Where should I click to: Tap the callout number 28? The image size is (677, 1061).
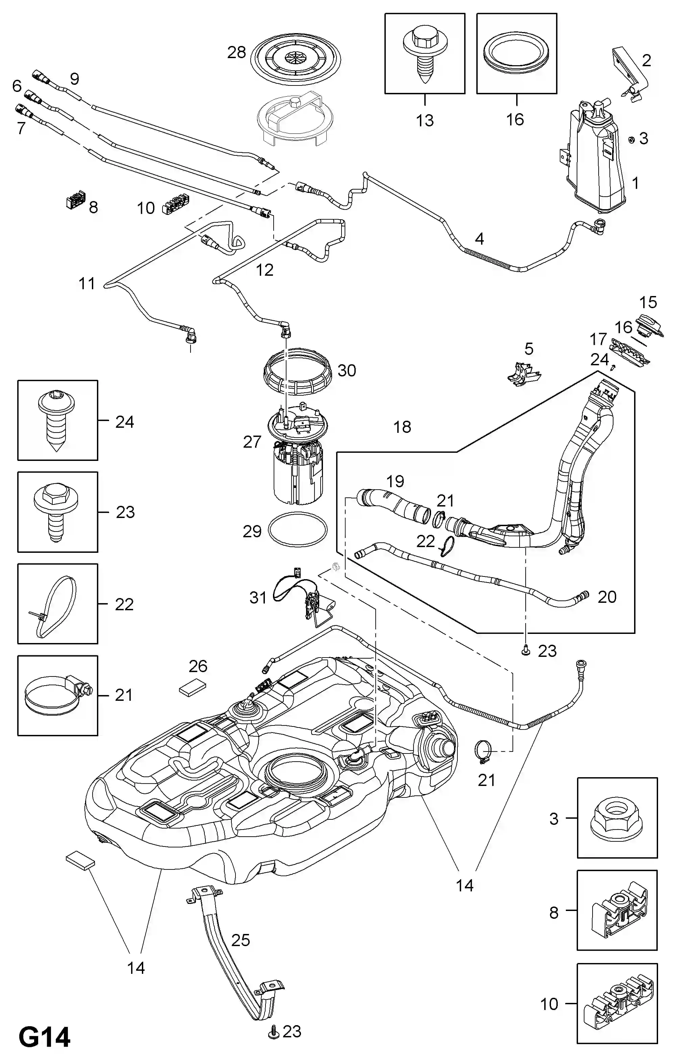coord(236,53)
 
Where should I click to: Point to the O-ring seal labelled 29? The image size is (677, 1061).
coord(298,529)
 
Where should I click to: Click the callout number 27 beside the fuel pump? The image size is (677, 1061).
coord(252,442)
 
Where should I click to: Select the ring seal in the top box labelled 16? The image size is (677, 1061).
coord(516,54)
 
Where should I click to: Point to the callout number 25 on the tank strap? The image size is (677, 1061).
coord(241,940)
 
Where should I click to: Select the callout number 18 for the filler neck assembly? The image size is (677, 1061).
coord(402,426)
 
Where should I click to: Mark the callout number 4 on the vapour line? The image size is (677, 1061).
coord(479,239)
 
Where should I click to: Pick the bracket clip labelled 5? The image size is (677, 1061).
coord(523,374)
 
